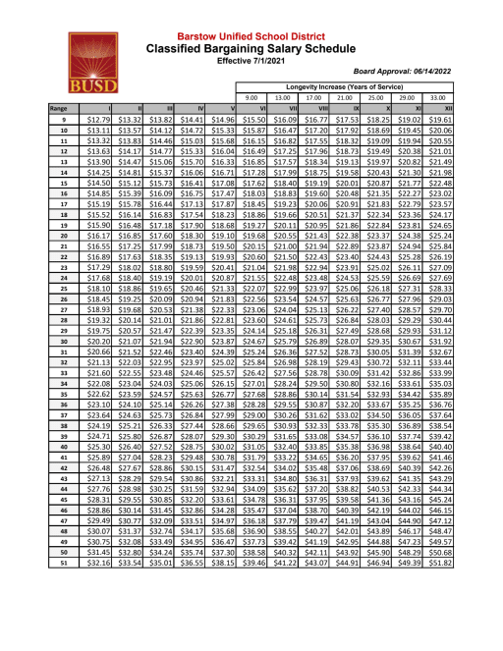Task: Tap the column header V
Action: tap(230, 108)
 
